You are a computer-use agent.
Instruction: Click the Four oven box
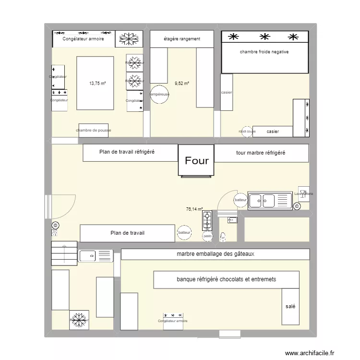pos(197,160)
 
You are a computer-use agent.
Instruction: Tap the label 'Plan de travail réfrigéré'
pos(126,153)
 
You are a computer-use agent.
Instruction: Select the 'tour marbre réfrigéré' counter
pos(261,153)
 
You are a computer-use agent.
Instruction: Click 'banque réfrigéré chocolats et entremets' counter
pos(226,279)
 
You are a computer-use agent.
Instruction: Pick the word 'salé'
pos(290,306)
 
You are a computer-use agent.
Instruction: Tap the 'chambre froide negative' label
pos(264,52)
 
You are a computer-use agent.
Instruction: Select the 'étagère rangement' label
pos(182,39)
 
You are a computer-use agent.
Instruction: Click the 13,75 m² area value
pos(97,83)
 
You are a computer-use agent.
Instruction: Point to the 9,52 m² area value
pos(182,83)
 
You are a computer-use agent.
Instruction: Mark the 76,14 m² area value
pos(194,209)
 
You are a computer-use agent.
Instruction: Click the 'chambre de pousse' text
pos(93,130)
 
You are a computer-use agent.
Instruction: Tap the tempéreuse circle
pos(159,95)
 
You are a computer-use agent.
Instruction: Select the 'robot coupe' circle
pos(247,131)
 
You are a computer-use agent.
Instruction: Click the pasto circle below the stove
pos(207,236)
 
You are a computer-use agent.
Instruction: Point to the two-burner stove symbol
pos(207,220)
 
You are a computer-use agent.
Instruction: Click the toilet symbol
pos(223,236)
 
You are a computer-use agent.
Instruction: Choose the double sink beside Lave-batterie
pos(269,201)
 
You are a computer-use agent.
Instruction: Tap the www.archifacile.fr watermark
pos(309,353)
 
